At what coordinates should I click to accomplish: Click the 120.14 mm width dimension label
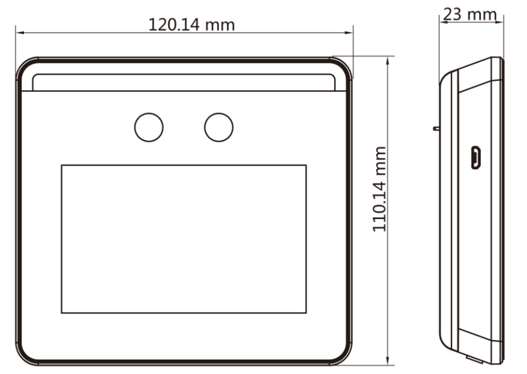pos(191,25)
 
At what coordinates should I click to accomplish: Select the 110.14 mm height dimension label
pos(379,189)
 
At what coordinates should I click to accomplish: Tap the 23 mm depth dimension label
pos(470,14)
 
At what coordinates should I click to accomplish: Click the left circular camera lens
pos(149,127)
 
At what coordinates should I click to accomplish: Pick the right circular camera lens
pos(219,127)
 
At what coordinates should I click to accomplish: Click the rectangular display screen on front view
pos(184,239)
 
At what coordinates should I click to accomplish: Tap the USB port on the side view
pos(475,157)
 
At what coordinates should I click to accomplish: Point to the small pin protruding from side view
pos(436,128)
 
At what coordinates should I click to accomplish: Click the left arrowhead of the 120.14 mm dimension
pos(19,32)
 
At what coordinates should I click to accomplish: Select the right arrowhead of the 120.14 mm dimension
pos(349,32)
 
